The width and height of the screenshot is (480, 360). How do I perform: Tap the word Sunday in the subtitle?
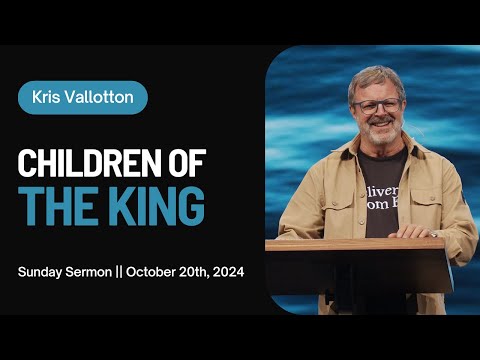pyautogui.click(x=41, y=272)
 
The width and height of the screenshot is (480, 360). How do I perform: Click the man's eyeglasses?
pyautogui.click(x=377, y=105)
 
